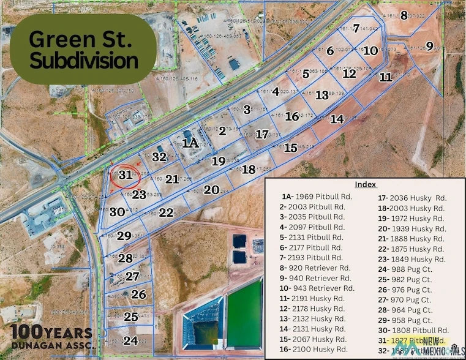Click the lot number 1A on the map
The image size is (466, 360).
(x=190, y=143)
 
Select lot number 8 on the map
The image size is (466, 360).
(x=404, y=15)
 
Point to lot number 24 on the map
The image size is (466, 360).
(x=130, y=340)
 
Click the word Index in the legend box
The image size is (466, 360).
(x=365, y=184)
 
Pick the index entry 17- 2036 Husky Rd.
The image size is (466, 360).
(x=405, y=197)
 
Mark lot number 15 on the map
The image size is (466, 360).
(x=291, y=148)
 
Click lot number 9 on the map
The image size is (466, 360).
(x=429, y=46)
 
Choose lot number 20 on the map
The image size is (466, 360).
(x=211, y=190)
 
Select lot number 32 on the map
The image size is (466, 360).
(x=159, y=157)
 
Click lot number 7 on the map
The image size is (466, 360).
(x=356, y=28)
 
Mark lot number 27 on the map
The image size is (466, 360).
(x=132, y=276)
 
